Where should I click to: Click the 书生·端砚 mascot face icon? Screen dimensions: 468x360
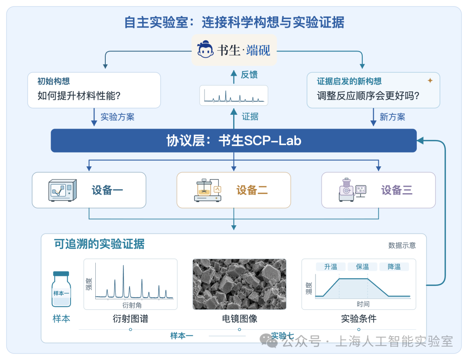pos(205,49)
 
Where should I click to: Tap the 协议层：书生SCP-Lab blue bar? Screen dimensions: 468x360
pos(234,141)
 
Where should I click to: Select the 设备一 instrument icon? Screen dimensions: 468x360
pos(62,190)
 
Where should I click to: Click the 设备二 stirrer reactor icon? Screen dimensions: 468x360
pos(208,190)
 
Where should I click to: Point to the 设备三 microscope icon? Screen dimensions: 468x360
pos(352,190)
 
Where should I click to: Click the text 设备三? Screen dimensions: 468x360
pos(396,190)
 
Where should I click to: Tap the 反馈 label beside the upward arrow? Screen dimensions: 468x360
pos(249,75)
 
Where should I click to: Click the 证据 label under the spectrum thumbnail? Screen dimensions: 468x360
pos(250,117)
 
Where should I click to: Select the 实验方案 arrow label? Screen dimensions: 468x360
pos(117,117)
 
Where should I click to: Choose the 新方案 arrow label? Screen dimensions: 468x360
pos(392,117)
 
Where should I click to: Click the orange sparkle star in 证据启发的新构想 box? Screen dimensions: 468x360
pos(430,80)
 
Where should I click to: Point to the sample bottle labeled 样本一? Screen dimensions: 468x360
pos(61,289)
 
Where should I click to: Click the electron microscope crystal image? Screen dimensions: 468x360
pos(239,284)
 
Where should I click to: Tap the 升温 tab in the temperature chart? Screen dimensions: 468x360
pos(331,266)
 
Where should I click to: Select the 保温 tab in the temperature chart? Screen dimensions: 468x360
pos(362,266)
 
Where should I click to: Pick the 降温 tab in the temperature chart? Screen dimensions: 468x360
pos(394,266)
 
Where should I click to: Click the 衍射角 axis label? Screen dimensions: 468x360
pos(132,305)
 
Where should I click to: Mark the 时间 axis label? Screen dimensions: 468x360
pos(363,304)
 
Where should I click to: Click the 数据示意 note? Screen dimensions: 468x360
pos(402,245)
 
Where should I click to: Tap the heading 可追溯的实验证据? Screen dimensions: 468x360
pos(99,244)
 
